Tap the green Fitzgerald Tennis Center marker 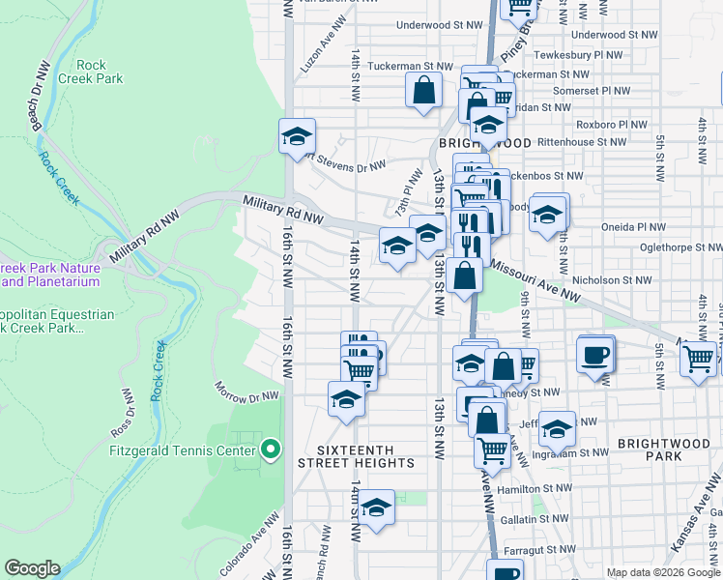pos(272,449)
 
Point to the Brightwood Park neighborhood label pos(663,447)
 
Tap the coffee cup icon pos(594,354)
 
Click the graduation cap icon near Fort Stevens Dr pos(298,136)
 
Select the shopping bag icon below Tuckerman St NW pos(423,93)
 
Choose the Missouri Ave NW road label pos(535,281)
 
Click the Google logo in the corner pos(31,568)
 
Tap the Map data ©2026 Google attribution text pos(663,572)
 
